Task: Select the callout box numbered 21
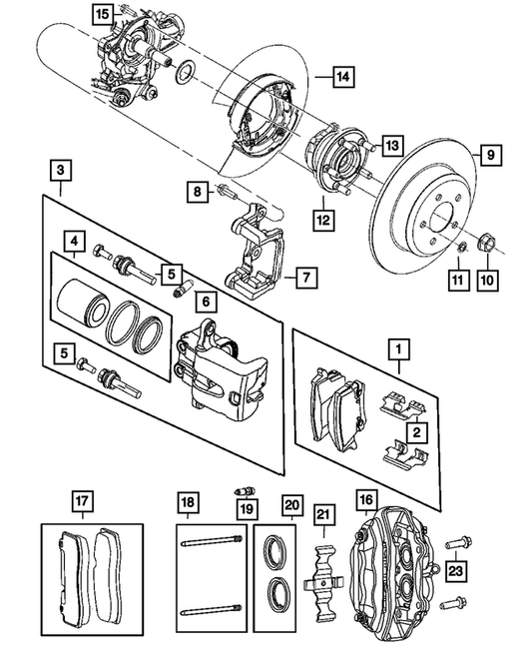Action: pyautogui.click(x=321, y=516)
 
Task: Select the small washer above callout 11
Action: pyautogui.click(x=460, y=246)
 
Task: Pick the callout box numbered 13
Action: pyautogui.click(x=390, y=145)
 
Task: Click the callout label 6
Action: pyautogui.click(x=204, y=301)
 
